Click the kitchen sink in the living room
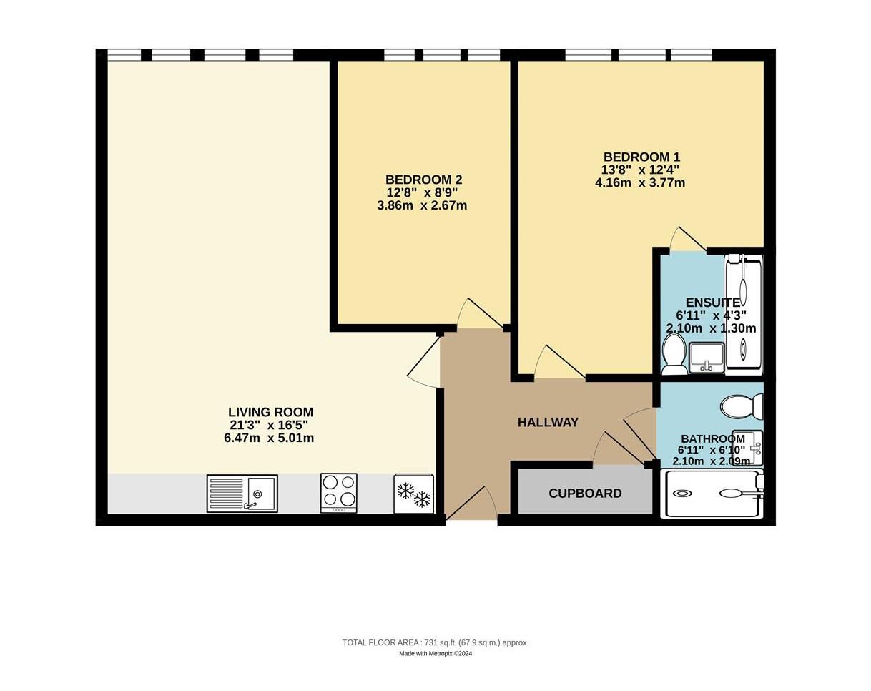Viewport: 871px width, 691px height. coord(242,494)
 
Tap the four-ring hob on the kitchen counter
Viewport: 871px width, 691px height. coord(339,493)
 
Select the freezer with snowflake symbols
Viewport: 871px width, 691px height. coord(414,494)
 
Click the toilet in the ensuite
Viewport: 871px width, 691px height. coord(674,353)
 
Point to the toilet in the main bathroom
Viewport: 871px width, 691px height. coord(742,406)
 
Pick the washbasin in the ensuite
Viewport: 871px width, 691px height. coord(707,357)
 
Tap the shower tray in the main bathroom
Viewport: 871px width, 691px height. coord(712,494)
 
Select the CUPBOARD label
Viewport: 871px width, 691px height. coord(585,494)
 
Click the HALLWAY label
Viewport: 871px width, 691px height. coord(548,423)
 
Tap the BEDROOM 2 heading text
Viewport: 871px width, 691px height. coord(423,180)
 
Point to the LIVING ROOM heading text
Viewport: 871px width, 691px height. coord(270,412)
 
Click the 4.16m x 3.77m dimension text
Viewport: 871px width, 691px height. coord(640,182)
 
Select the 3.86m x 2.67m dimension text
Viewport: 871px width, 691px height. coord(422,205)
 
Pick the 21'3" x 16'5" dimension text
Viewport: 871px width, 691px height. coord(269,425)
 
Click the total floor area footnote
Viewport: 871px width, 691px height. coord(435,642)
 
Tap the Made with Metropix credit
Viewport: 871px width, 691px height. coord(435,653)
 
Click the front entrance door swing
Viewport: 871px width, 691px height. coord(471,503)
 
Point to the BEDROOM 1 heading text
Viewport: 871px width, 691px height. coord(641,157)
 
